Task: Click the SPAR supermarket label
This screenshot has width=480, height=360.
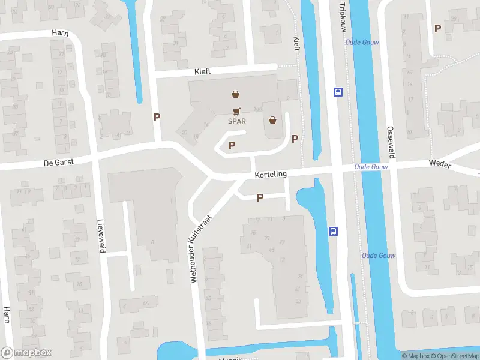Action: [237, 121]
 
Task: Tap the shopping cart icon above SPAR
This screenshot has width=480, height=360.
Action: [237, 110]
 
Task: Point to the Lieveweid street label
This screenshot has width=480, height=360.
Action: [101, 235]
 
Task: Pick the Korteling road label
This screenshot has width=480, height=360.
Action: [271, 174]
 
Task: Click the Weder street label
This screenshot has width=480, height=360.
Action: [439, 163]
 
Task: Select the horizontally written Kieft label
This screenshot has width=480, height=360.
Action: [203, 71]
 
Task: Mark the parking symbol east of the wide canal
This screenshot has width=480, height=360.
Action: [437, 28]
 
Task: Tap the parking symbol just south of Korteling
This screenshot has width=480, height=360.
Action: [260, 197]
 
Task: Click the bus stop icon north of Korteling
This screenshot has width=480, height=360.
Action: [338, 92]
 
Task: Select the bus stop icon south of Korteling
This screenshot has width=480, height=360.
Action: [333, 231]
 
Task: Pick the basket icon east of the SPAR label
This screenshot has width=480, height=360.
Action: [274, 120]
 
